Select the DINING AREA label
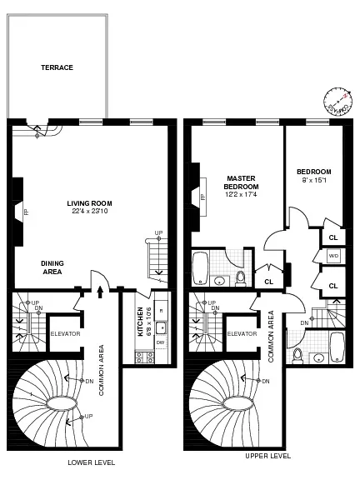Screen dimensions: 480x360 click(x=52, y=267)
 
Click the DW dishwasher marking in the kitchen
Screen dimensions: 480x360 click(x=161, y=342)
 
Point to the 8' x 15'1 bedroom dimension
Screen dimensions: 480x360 click(x=316, y=180)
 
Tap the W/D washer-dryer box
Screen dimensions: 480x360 click(x=332, y=255)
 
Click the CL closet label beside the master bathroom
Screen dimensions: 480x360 click(x=268, y=282)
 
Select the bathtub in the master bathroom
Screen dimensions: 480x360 click(x=202, y=268)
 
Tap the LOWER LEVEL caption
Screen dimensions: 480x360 click(x=92, y=462)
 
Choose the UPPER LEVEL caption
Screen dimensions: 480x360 click(x=268, y=456)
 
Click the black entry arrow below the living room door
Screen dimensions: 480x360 click(x=102, y=291)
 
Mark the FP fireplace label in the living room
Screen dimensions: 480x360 click(x=26, y=212)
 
